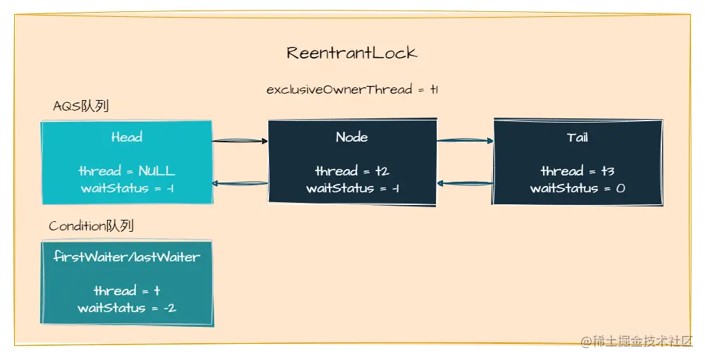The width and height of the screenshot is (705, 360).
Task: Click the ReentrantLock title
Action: tap(351, 53)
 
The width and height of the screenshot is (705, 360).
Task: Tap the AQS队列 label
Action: tap(80, 106)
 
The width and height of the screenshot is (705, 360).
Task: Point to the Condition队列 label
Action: tap(91, 226)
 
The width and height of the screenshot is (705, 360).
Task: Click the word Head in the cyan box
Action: tap(127, 137)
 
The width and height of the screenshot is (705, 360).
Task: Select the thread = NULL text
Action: tap(127, 171)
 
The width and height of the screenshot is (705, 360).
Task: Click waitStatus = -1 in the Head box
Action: tap(127, 188)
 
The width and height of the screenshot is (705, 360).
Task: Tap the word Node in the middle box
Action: tap(351, 137)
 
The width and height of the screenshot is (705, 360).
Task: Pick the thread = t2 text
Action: tap(352, 171)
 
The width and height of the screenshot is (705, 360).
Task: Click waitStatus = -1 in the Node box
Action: tap(352, 188)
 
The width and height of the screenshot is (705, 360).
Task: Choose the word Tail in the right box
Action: tap(578, 137)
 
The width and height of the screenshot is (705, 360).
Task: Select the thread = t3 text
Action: tap(578, 171)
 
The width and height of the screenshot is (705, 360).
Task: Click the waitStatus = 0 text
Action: tap(578, 188)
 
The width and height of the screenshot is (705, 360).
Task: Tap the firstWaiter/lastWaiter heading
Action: tap(127, 257)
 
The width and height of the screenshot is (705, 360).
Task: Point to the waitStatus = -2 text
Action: tap(127, 308)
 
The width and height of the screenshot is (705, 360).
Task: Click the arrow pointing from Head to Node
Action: tap(240, 142)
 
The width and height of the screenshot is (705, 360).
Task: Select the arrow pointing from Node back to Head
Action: tap(240, 184)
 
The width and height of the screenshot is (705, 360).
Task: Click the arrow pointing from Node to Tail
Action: tap(465, 141)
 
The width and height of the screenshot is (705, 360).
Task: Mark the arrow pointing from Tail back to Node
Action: tap(465, 183)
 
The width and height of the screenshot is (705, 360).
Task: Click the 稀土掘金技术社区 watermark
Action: tap(637, 342)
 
